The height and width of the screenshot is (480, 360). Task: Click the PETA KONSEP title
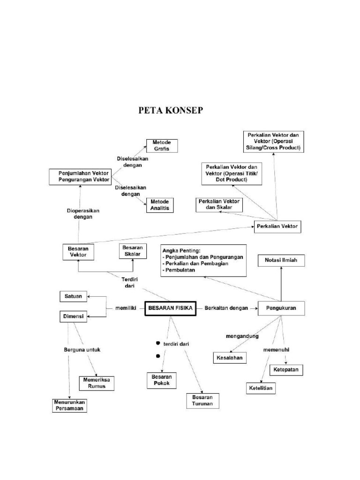[171, 111]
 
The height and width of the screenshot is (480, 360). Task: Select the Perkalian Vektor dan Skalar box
[218, 204]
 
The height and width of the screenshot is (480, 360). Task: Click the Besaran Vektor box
[78, 252]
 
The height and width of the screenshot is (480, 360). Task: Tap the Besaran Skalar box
[133, 251]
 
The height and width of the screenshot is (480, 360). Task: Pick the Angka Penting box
[203, 260]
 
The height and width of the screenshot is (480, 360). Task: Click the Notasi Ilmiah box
[281, 260]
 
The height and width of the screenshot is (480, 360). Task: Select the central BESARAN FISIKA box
[170, 308]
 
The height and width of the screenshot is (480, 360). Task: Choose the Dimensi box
[73, 316]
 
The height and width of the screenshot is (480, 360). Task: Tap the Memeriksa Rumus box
[97, 383]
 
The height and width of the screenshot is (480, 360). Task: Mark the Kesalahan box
[230, 358]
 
